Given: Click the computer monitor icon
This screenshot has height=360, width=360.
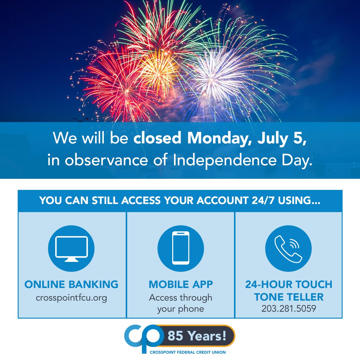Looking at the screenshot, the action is tap(71, 249).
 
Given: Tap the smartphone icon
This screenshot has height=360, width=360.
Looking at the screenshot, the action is tap(181, 248).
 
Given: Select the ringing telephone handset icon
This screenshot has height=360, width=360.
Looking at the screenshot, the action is tap(288, 249).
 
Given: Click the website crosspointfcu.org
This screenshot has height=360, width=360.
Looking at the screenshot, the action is tap(71, 298).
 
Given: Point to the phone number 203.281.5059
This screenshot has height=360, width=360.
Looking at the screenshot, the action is tap(289, 308).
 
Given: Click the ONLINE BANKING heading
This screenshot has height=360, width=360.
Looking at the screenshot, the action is tap(71, 284).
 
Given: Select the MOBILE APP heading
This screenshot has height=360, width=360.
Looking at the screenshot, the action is tap(181, 284).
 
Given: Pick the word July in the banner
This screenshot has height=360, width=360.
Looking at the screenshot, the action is tap(273, 138).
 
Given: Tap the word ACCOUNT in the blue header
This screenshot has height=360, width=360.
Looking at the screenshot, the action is tap(222, 201).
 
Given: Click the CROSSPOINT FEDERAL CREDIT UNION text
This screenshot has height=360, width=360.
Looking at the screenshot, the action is tap(188, 352).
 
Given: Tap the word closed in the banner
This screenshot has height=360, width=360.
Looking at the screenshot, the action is tap(157, 138).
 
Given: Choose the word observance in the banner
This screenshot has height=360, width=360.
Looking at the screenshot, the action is tap(106, 160).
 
